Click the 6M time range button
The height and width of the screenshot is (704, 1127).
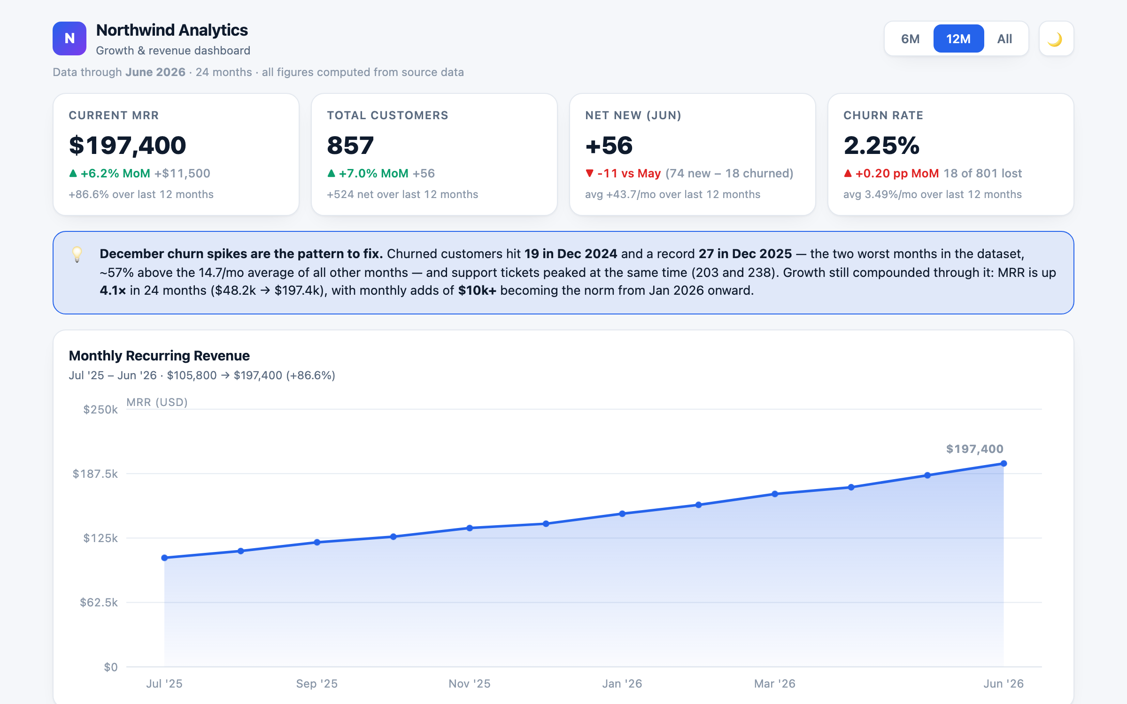tap(910, 39)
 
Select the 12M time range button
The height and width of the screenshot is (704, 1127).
tap(958, 39)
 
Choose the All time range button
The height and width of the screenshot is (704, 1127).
tap(1004, 39)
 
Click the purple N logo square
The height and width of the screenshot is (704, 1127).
tap(69, 38)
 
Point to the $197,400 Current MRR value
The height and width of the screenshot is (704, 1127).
tap(127, 145)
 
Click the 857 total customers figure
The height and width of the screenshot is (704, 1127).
tap(350, 145)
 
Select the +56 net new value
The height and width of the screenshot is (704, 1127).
tap(609, 145)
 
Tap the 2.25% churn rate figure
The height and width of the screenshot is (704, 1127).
tap(881, 145)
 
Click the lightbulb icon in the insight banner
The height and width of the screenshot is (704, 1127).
tap(77, 254)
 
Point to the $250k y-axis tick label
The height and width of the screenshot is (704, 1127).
tap(100, 410)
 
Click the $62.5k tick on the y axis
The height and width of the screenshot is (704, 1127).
tap(99, 603)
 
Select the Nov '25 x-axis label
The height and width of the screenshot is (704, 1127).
tap(470, 684)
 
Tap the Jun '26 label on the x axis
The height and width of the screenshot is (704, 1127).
tap(1003, 684)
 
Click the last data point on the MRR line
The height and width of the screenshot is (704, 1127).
tap(1003, 464)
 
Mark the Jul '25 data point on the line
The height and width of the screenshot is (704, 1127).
tap(164, 558)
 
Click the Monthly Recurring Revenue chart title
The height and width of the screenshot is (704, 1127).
tap(159, 356)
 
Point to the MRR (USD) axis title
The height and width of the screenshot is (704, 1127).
tap(157, 402)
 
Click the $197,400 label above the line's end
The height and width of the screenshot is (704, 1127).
tap(975, 449)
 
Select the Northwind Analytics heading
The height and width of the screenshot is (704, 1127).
tap(172, 31)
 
